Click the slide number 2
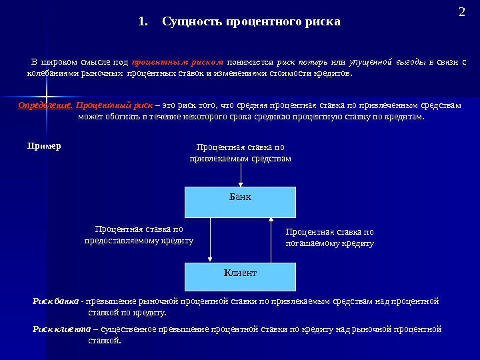click(x=462, y=12)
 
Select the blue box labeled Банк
click(x=240, y=202)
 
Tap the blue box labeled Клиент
click(x=240, y=276)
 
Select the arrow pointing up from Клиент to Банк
click(x=271, y=239)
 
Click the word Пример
click(x=44, y=145)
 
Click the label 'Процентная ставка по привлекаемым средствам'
click(x=240, y=153)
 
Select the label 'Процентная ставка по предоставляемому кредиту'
click(x=139, y=235)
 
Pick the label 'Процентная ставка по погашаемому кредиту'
click(x=329, y=238)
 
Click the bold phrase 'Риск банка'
click(x=56, y=301)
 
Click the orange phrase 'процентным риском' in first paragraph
click(x=177, y=62)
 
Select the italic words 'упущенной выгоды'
click(x=388, y=62)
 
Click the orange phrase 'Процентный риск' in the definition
click(x=115, y=105)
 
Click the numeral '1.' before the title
click(x=143, y=22)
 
